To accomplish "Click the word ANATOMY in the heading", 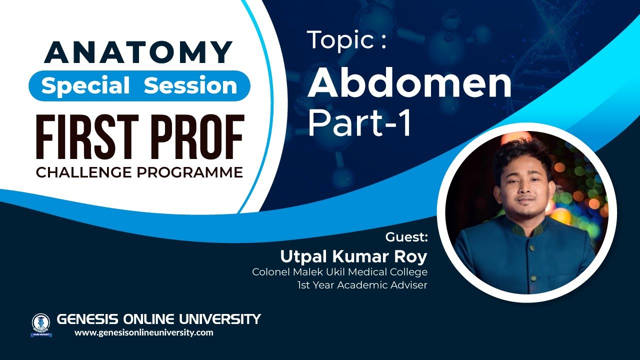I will pyautogui.click(x=138, y=52).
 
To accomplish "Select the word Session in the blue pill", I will pyautogui.click(x=190, y=86).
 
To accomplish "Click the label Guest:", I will pyautogui.click(x=406, y=236).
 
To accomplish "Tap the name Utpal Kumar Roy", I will pyautogui.click(x=353, y=256).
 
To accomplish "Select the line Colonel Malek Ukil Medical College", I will pyautogui.click(x=339, y=272).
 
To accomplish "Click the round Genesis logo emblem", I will pyautogui.click(x=41, y=323).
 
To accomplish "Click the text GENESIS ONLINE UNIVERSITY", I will pyautogui.click(x=159, y=318).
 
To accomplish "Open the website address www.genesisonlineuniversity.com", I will pyautogui.click(x=144, y=332).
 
